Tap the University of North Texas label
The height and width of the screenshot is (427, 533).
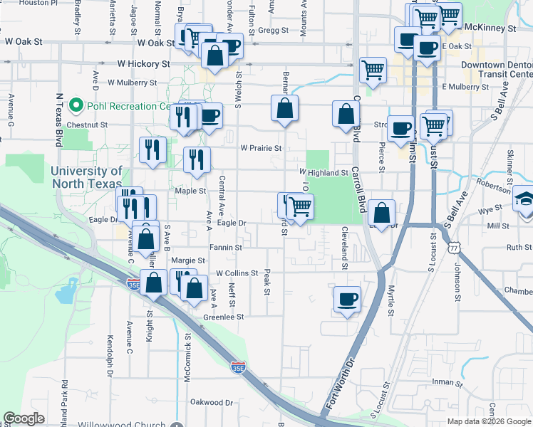(x=87, y=176)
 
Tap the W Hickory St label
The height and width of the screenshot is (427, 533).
(x=143, y=64)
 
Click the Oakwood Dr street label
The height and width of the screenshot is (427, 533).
(x=212, y=402)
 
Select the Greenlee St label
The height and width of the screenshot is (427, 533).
(x=224, y=317)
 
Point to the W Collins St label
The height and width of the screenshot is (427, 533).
(x=237, y=273)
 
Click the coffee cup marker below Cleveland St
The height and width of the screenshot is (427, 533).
(x=347, y=300)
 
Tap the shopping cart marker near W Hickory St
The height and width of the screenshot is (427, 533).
(x=373, y=70)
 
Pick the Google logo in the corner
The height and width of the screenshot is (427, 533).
(x=24, y=418)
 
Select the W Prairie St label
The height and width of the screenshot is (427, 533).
(x=261, y=149)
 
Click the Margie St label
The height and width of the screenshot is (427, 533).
(x=188, y=260)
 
